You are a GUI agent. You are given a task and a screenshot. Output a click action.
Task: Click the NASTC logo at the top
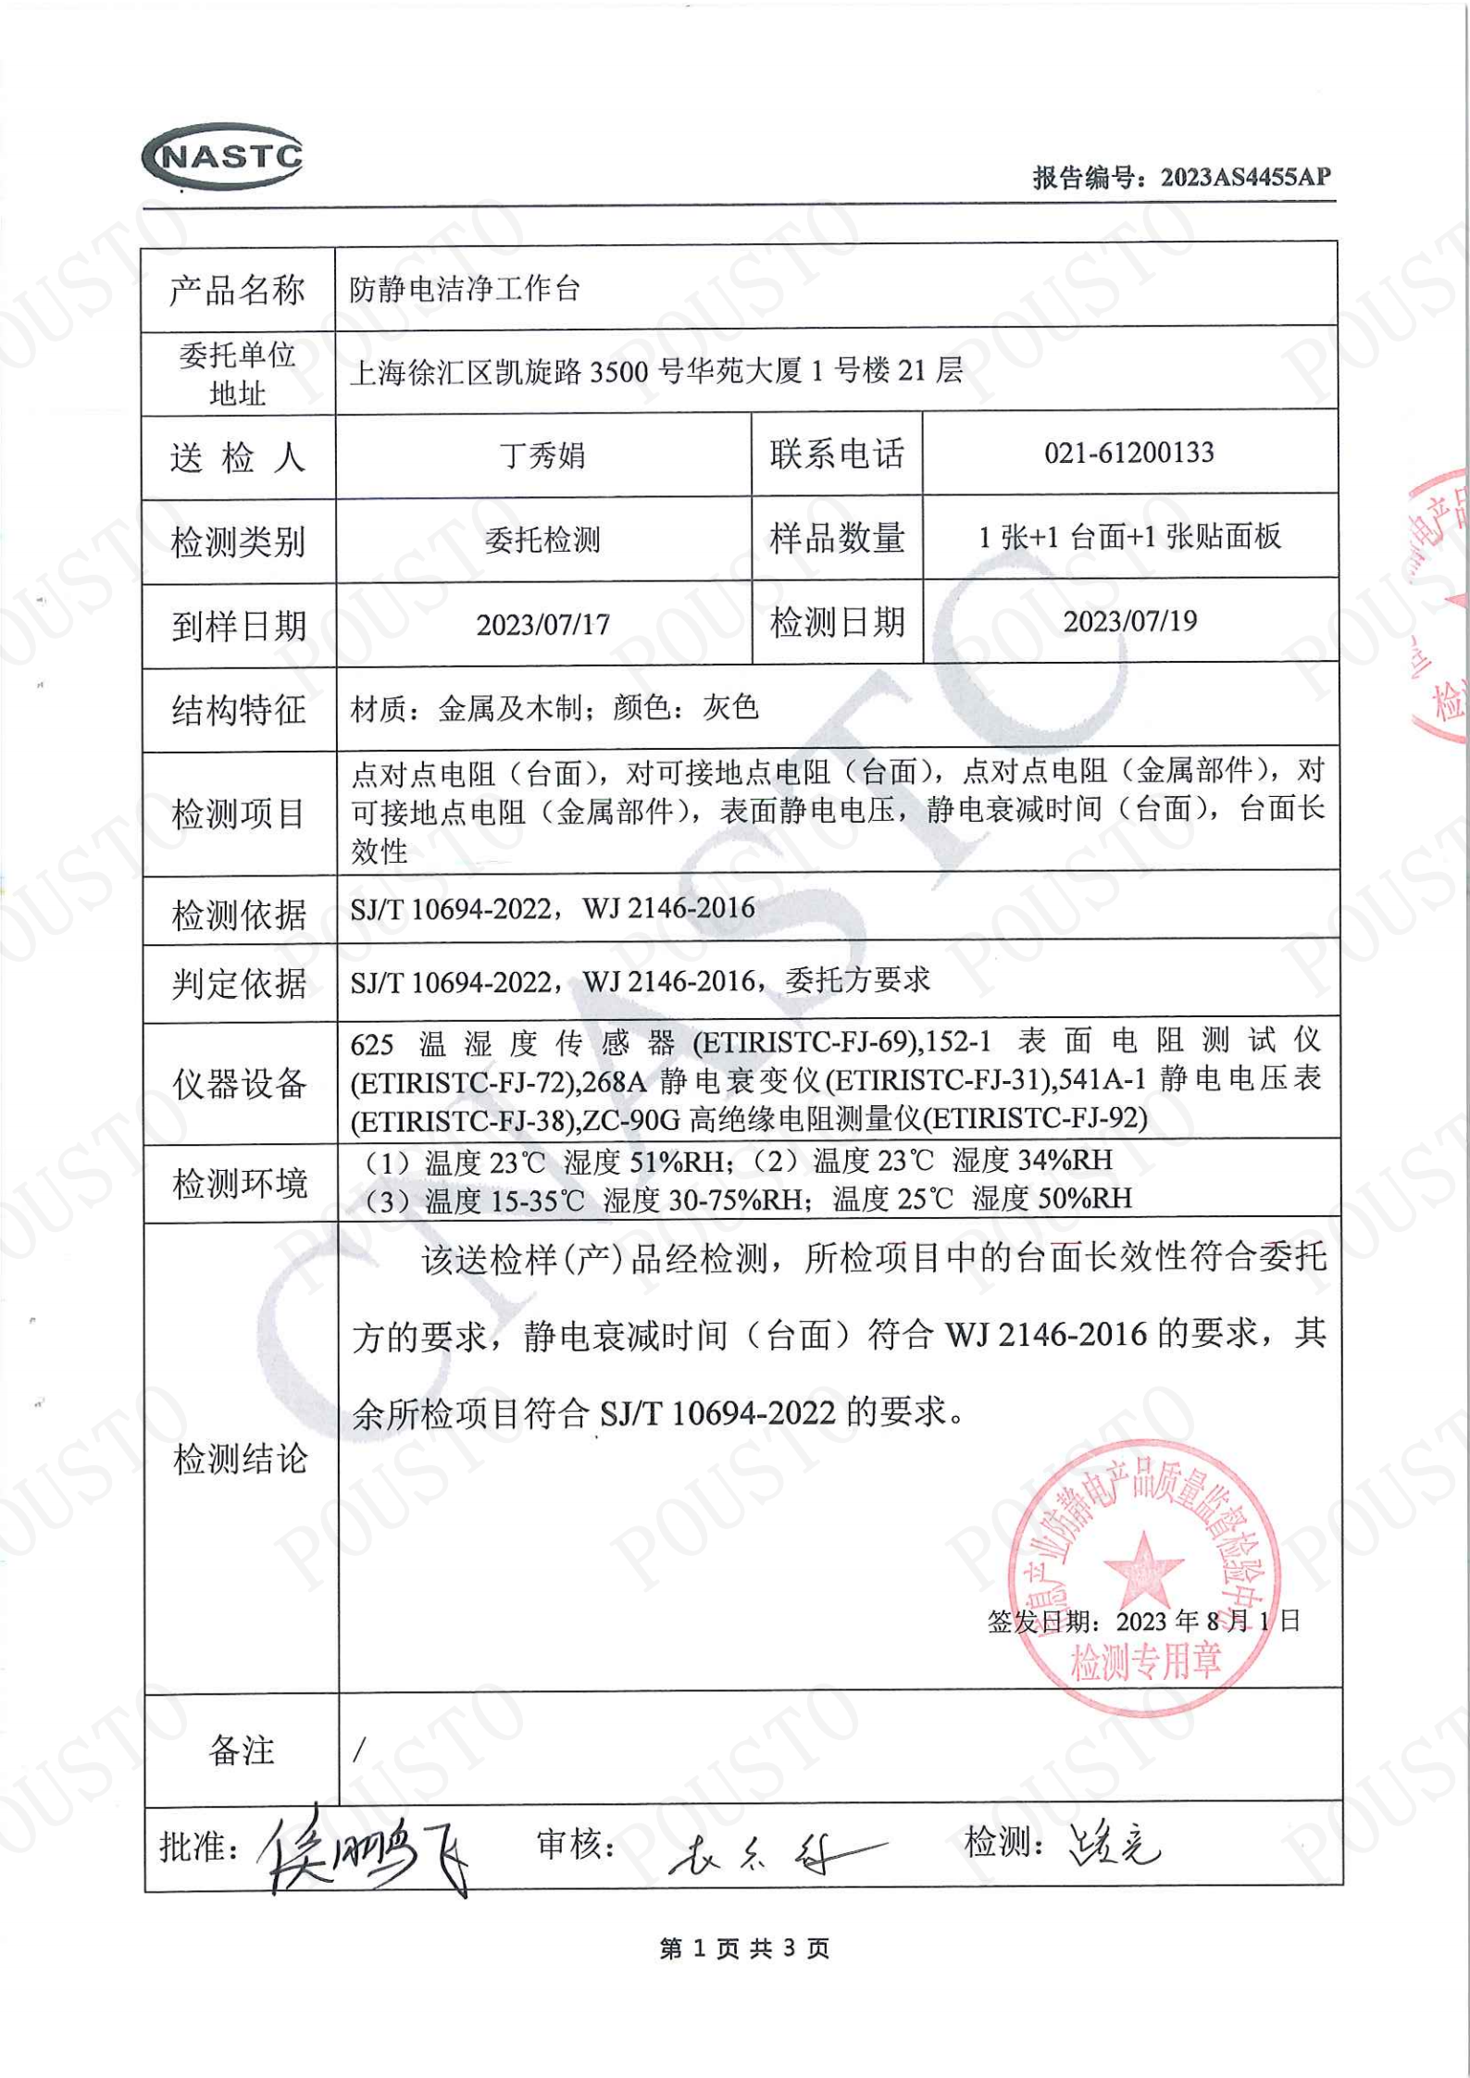(x=223, y=156)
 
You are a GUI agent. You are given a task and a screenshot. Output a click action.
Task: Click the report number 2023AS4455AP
(x=1245, y=176)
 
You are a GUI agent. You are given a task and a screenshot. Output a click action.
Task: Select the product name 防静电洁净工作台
(x=464, y=290)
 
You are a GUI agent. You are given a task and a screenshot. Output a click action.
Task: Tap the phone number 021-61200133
(x=1128, y=453)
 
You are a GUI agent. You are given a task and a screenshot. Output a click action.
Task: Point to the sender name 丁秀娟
(x=542, y=455)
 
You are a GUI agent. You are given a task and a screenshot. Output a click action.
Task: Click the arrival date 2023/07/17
(x=542, y=625)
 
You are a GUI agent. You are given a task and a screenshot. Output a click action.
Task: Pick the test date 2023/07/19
(x=1129, y=620)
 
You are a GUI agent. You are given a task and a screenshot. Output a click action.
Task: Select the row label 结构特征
(x=239, y=710)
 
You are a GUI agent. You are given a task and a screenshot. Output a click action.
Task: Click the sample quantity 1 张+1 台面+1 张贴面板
(x=1129, y=536)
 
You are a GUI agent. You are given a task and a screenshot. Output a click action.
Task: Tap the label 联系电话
(x=836, y=454)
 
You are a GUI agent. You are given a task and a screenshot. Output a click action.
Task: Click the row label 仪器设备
(x=239, y=1083)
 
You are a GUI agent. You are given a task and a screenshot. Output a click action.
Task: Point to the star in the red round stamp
(x=1142, y=1568)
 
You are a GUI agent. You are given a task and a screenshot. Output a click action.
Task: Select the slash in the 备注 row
(x=359, y=1748)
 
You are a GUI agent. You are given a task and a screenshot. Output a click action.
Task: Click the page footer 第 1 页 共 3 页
(x=743, y=1949)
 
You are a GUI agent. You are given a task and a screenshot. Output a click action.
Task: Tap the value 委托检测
(x=542, y=540)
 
